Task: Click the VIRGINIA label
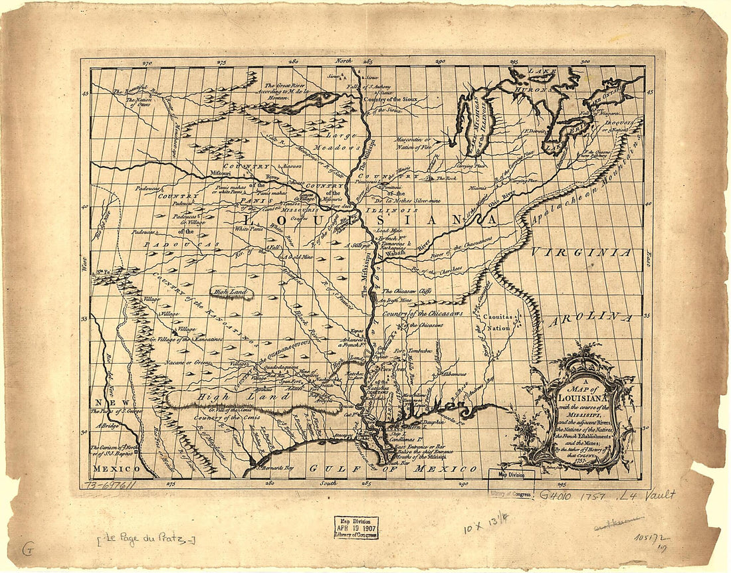580,252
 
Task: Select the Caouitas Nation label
497,323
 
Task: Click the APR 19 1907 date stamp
356,527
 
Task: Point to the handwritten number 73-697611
110,485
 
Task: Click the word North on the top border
343,62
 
